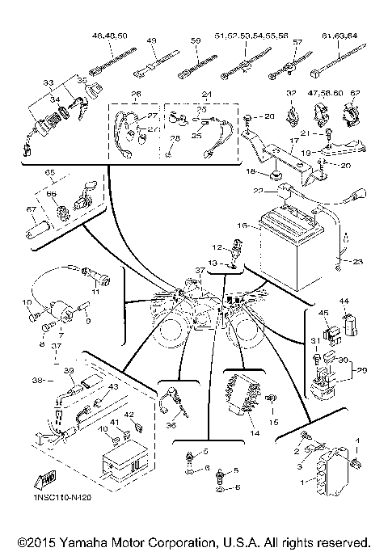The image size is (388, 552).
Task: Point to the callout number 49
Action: pos(151,40)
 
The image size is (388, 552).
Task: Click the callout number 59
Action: pos(195,40)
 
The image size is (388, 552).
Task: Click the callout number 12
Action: pos(216,247)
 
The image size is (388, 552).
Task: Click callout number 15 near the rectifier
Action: pos(273,422)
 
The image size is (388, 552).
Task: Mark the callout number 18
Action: pos(251,173)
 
